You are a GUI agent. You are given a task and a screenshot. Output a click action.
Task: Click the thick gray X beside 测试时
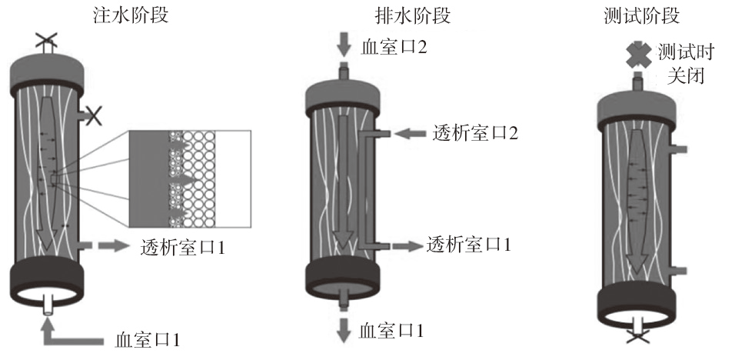point(637,53)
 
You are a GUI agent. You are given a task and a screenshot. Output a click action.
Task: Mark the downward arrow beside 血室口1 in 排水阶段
point(344,331)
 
